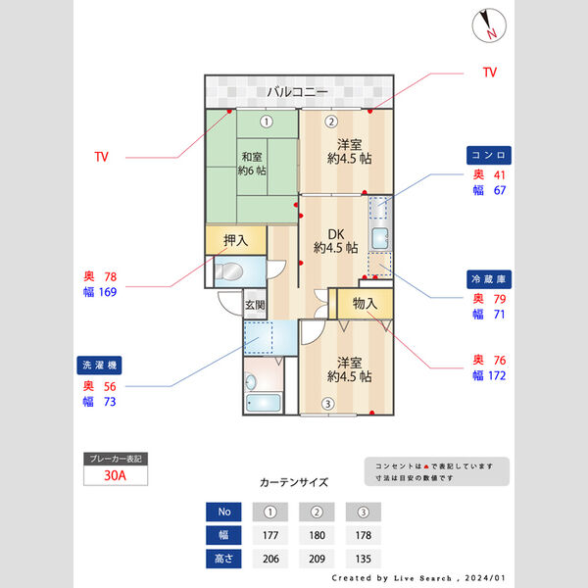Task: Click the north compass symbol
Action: tap(487, 26)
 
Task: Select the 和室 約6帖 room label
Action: tap(252, 163)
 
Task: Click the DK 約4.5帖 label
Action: tap(335, 241)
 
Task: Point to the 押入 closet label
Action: tap(235, 240)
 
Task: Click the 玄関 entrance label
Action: tap(255, 305)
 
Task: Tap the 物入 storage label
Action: tap(365, 304)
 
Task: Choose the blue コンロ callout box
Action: tap(488, 156)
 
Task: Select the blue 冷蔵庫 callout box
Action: tap(488, 279)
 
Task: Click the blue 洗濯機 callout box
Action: tap(101, 366)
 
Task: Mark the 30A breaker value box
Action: tap(116, 476)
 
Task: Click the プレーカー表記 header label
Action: tap(116, 459)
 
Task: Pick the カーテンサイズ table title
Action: tap(294, 482)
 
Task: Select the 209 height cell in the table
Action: tap(316, 559)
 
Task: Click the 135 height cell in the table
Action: tap(363, 559)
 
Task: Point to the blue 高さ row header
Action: tap(223, 559)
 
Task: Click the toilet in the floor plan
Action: tap(229, 271)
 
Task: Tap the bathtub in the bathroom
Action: tap(265, 402)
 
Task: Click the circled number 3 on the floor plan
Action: tap(328, 403)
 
